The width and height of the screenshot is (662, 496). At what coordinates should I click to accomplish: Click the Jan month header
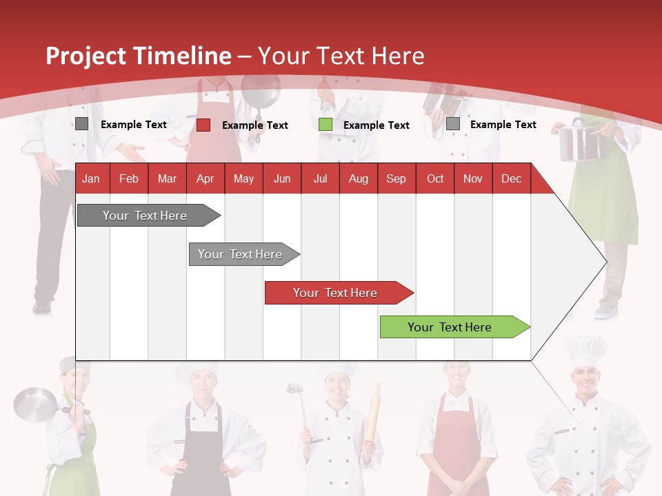(91, 179)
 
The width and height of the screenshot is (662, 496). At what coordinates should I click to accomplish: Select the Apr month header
(205, 179)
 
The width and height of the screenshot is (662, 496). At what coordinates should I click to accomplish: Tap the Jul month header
(320, 179)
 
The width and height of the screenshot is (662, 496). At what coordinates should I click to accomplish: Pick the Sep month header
(396, 179)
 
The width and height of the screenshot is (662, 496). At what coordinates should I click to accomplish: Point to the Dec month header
(511, 179)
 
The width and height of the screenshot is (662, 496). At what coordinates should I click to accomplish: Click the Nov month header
(472, 179)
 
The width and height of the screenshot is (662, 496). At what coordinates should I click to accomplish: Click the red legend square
(203, 125)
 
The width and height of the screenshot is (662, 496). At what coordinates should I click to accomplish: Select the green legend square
(325, 125)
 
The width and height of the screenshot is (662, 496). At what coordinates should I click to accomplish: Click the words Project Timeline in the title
(138, 56)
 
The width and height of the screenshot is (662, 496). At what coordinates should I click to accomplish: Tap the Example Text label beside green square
(376, 125)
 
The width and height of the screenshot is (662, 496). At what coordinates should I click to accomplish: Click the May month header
(243, 179)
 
